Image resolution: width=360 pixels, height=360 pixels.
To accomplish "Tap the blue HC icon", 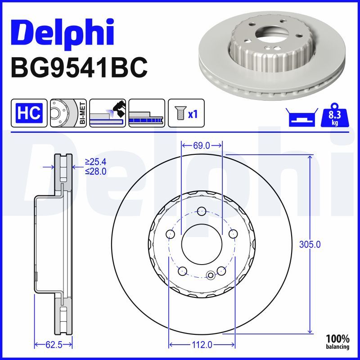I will click(x=29, y=112).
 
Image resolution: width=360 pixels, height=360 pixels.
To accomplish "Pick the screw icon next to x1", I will click(x=179, y=112).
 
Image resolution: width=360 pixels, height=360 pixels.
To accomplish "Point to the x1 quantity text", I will click(x=193, y=113).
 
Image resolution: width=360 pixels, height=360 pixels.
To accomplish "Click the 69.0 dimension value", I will click(x=201, y=145).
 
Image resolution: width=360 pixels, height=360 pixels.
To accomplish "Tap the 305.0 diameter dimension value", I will click(x=310, y=245).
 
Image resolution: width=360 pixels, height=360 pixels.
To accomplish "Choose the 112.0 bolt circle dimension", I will click(x=202, y=345).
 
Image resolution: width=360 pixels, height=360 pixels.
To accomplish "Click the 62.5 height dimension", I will click(x=54, y=345).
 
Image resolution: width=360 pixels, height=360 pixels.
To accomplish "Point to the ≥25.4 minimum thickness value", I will click(x=95, y=162).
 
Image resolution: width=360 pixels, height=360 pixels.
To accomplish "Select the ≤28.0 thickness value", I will click(x=95, y=171).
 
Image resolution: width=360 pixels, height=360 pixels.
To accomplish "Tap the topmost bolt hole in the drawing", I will click(x=202, y=211).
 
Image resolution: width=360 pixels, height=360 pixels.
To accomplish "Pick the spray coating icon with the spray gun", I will click(x=107, y=112).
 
